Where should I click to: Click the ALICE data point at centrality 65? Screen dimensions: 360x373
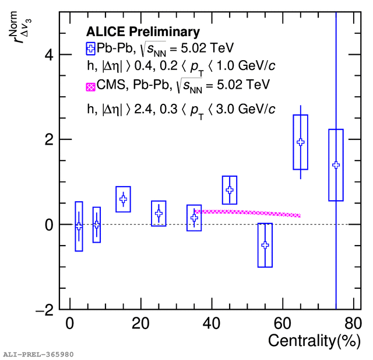[301, 142]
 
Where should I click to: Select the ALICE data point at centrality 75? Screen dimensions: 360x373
[336, 165]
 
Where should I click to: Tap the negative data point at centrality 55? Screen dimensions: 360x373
[265, 245]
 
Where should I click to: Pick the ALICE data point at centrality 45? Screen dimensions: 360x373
[230, 190]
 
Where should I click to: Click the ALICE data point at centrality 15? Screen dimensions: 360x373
[123, 199]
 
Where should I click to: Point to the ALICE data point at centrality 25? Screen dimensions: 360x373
[159, 213]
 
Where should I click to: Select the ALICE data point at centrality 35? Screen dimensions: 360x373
[194, 218]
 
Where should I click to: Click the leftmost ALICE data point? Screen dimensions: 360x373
[79, 226]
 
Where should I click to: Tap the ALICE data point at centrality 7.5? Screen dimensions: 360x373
[97, 225]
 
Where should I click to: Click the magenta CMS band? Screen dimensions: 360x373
[248, 213]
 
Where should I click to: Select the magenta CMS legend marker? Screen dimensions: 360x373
[90, 86]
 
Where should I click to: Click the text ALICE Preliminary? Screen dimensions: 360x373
[143, 32]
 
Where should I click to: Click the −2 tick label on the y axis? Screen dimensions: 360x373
[44, 310]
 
